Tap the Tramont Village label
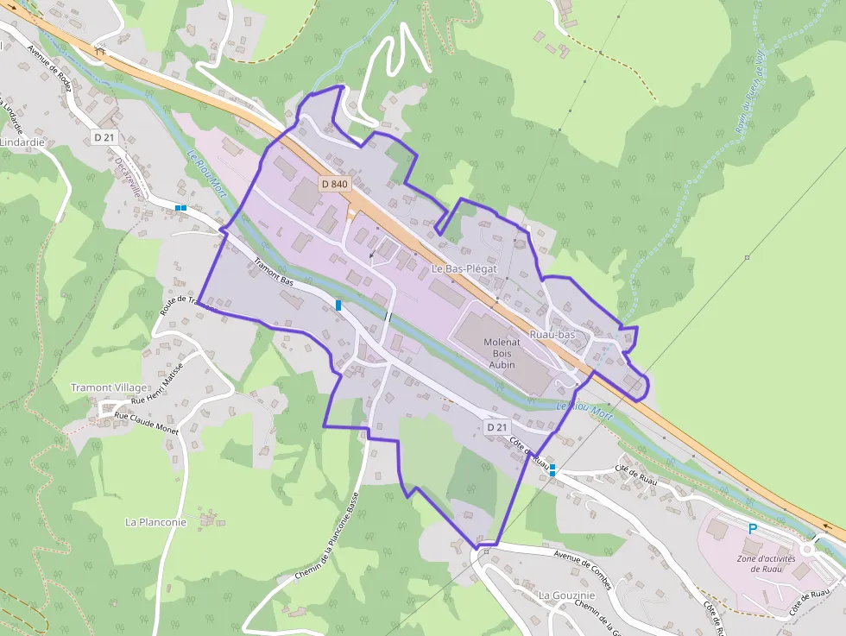pos(109,387)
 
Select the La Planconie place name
pos(156,521)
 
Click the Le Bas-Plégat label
pos(464,269)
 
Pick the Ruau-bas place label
pos(552,334)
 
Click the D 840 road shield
pos(334,184)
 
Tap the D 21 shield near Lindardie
pos(104,137)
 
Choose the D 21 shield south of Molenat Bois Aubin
pos(496,427)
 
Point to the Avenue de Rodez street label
pos(52,63)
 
